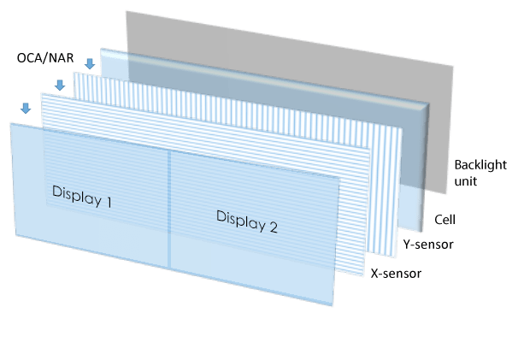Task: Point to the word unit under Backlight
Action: click(x=466, y=181)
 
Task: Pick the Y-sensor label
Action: click(x=427, y=245)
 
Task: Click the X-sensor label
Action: click(x=396, y=274)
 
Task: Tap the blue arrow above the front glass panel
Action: click(x=26, y=108)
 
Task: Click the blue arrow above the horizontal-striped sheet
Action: click(x=59, y=85)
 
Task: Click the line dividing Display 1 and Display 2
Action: click(x=169, y=214)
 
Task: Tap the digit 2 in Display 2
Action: click(x=273, y=227)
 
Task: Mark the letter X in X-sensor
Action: click(x=373, y=274)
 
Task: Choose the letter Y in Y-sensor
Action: click(x=404, y=245)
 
